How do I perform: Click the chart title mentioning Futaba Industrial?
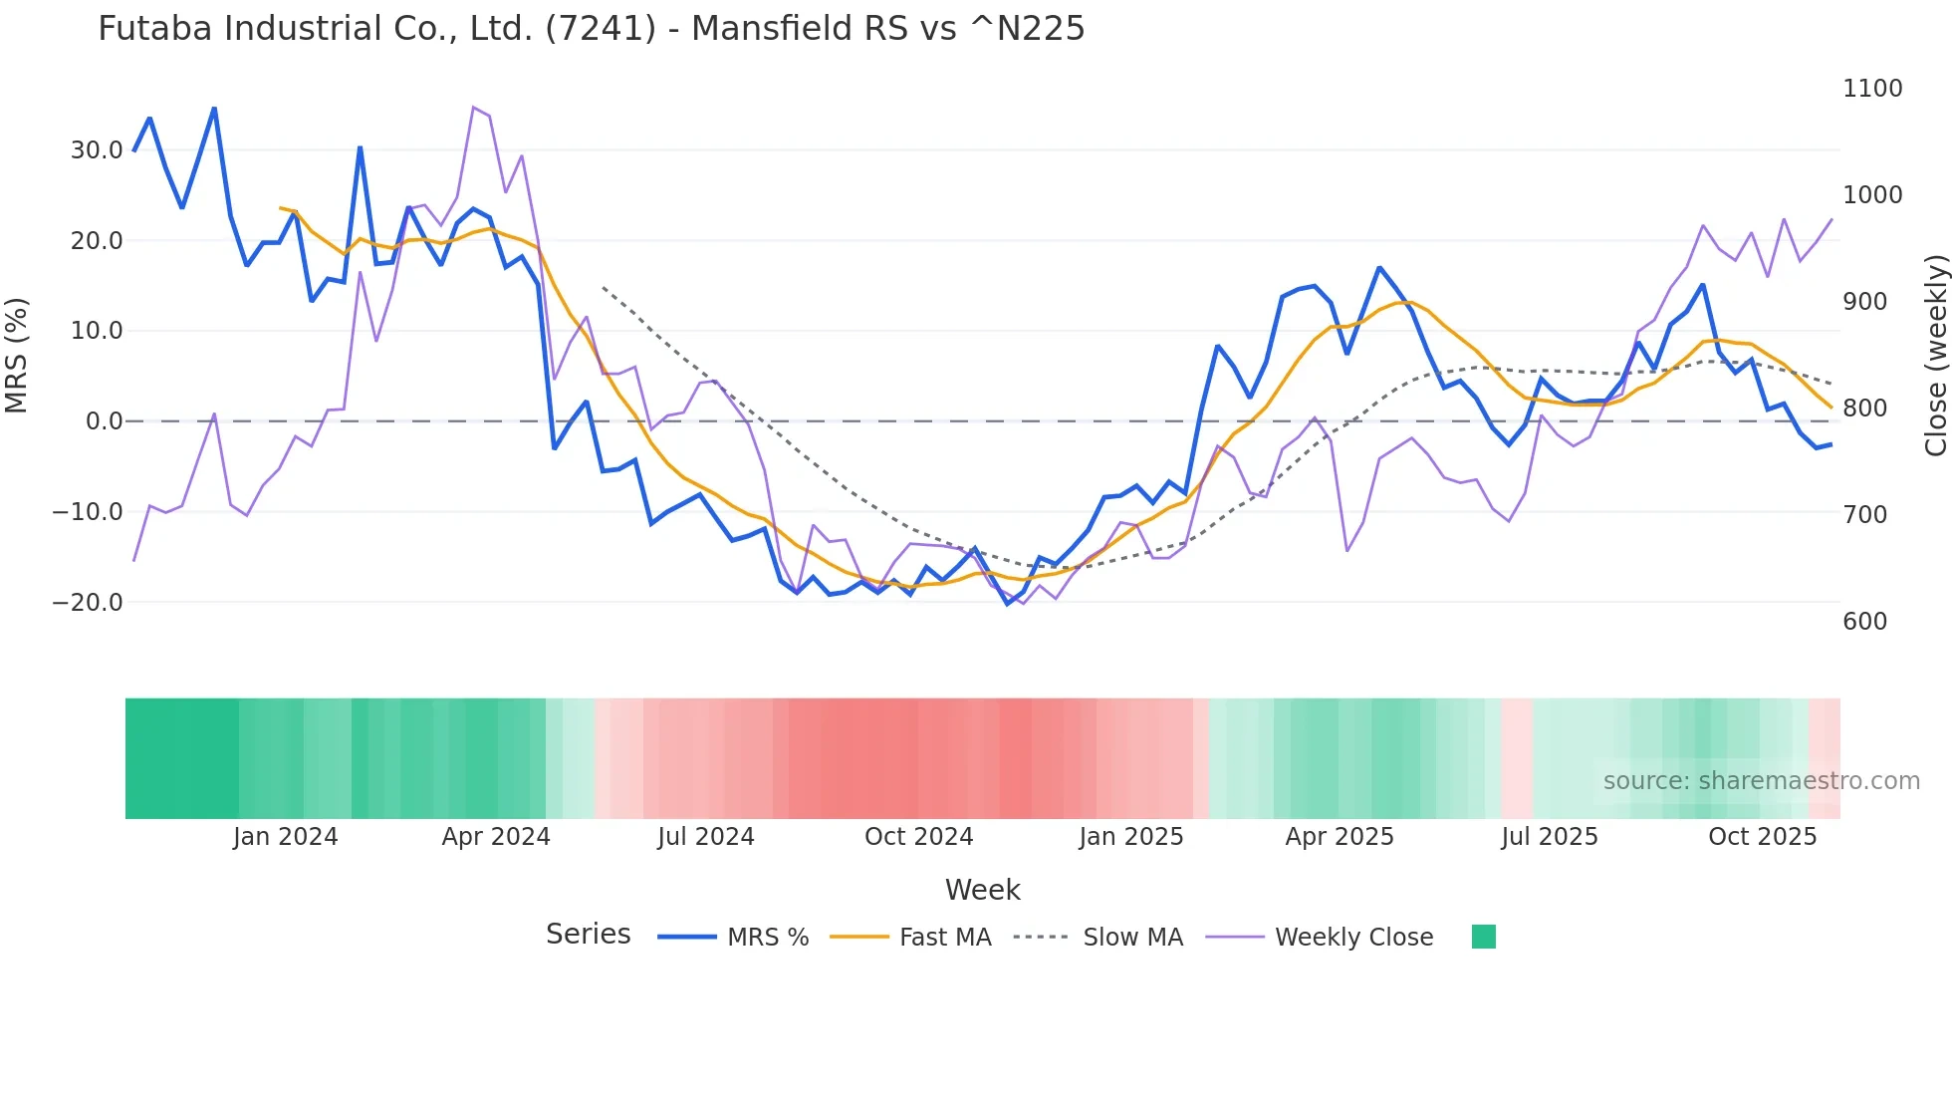pyautogui.click(x=591, y=29)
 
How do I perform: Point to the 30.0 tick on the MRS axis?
pyautogui.click(x=97, y=150)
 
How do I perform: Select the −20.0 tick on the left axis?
pyautogui.click(x=88, y=603)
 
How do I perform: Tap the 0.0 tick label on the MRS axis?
pyautogui.click(x=104, y=421)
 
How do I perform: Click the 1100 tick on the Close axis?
pyautogui.click(x=1872, y=89)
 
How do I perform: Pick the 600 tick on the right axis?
pyautogui.click(x=1865, y=622)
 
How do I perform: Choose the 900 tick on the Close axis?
pyautogui.click(x=1865, y=302)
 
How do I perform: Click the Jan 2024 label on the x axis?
pyautogui.click(x=286, y=837)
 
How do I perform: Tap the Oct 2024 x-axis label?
pyautogui.click(x=918, y=837)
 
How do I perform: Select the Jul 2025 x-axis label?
pyautogui.click(x=1550, y=837)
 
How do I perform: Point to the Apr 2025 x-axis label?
pyautogui.click(x=1340, y=837)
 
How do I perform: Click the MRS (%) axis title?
pyautogui.click(x=17, y=356)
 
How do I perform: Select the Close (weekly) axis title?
pyautogui.click(x=1935, y=356)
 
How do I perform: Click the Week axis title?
pyautogui.click(x=982, y=890)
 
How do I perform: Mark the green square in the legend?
pyautogui.click(x=1484, y=937)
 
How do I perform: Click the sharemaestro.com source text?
pyautogui.click(x=1761, y=781)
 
